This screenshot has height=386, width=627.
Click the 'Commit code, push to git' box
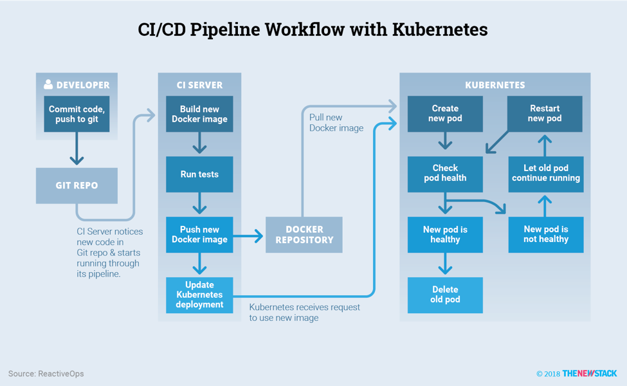77,114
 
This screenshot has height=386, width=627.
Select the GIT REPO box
77,185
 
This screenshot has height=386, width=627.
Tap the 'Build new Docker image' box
199,114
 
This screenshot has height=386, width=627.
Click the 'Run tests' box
199,174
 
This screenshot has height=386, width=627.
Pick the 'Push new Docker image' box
199,234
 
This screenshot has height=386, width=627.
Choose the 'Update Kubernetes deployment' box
199,295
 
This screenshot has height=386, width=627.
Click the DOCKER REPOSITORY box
304,234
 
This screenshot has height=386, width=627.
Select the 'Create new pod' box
445,114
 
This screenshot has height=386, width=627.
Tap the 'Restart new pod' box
545,114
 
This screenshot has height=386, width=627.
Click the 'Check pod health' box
445,174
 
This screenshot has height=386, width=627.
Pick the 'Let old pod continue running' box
545,174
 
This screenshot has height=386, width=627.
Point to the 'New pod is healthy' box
445,234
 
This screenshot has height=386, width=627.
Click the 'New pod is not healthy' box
545,234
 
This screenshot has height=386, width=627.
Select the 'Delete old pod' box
445,295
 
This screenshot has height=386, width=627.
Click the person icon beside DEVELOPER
48,84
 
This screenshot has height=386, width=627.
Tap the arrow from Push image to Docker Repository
249,236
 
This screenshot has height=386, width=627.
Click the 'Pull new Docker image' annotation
336,123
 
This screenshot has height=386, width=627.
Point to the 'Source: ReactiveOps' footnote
46,374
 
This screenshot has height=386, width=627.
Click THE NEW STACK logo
589,374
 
